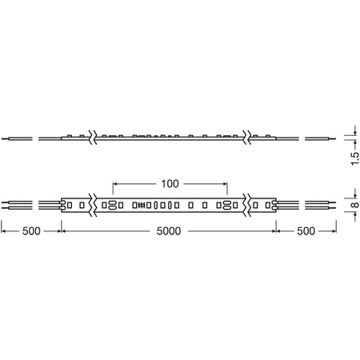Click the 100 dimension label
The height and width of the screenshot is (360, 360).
pos(169,184)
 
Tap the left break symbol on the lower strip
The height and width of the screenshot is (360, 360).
pos(93,206)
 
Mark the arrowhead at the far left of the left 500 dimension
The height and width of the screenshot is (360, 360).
pos(4,231)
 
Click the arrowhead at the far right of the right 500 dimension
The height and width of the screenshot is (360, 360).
pos(334,231)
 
